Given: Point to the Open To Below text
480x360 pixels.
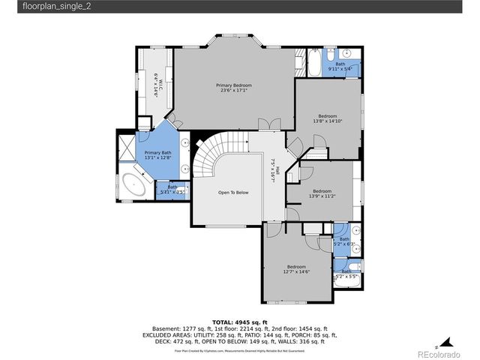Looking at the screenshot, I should tap(232, 193).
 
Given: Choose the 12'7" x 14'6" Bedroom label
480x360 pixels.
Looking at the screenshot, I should tap(296, 269).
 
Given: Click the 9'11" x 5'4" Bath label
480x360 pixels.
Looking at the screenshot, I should tap(340, 67).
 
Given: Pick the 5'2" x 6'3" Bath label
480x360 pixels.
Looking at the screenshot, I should tap(344, 241).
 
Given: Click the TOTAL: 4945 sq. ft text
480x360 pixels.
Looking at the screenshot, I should tap(240, 321).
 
